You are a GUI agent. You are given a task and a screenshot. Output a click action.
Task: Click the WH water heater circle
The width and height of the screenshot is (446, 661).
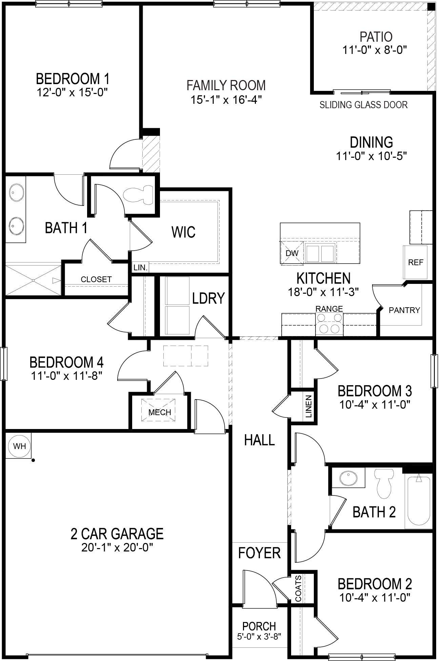pos(19,446)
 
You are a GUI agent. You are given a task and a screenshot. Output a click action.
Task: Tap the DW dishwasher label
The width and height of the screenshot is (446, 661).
pos(292,253)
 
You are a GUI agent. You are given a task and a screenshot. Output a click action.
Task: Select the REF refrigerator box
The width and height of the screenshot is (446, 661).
pos(415,262)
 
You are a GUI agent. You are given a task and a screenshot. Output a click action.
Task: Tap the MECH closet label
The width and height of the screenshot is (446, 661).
pos(160,412)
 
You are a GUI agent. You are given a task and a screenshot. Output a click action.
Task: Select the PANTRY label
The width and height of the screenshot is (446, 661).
pos(404,310)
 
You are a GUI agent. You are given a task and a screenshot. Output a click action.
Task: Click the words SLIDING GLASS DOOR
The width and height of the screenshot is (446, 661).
pos(363,105)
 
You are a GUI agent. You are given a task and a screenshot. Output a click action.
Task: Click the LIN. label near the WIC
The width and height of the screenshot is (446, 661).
pos(140,268)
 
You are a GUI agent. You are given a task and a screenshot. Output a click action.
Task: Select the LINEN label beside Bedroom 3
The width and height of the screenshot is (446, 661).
pos(308,406)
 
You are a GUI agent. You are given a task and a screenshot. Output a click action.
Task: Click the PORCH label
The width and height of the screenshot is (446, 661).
pos(259,626)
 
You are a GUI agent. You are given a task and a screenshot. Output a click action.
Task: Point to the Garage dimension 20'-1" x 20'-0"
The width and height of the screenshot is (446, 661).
pos(117,548)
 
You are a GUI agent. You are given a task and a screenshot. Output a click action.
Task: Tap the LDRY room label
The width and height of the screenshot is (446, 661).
pos(208,298)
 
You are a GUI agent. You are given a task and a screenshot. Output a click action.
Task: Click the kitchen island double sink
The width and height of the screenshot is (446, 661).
pos(320,253)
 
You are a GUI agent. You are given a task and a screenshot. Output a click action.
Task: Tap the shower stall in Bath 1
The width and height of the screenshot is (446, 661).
pos(33,280)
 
